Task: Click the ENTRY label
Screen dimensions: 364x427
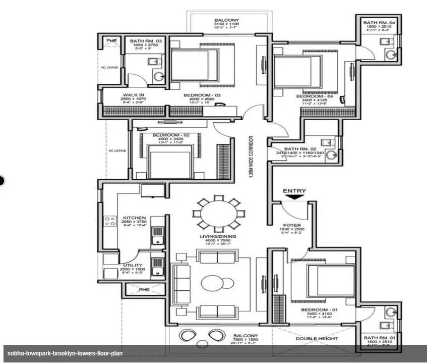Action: pyautogui.click(x=294, y=191)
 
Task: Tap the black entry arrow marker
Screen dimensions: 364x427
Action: pyautogui.click(x=295, y=198)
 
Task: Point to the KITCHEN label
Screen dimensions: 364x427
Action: pyautogui.click(x=134, y=218)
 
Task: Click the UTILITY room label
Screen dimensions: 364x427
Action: pyautogui.click(x=133, y=265)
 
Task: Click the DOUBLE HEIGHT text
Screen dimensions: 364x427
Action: pyautogui.click(x=317, y=338)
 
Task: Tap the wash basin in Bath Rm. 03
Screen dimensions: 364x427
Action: pyautogui.click(x=159, y=76)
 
